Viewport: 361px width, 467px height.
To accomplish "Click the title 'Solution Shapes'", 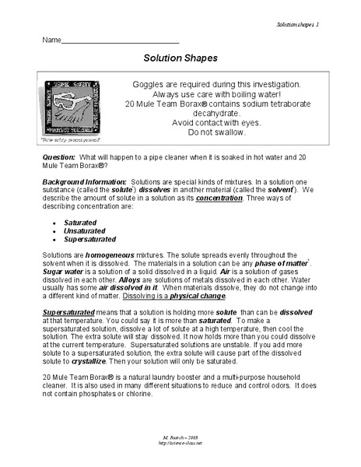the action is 180,57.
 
